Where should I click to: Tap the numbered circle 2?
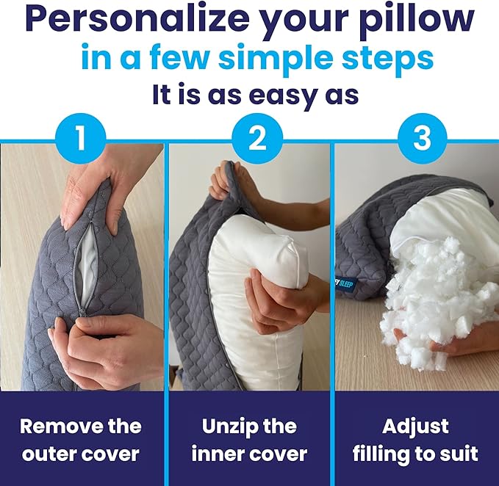coord(256,137)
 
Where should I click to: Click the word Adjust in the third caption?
coord(417,426)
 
